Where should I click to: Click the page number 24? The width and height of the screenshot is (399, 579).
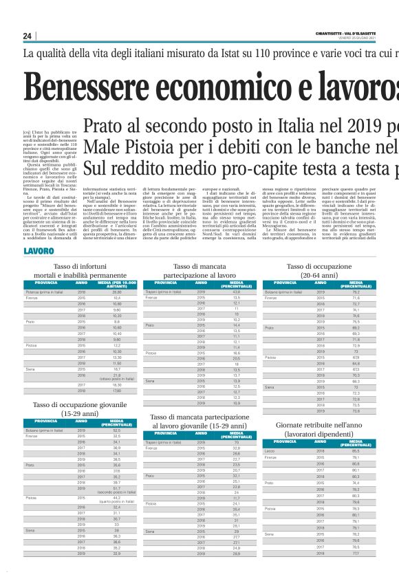pyautogui.click(x=28, y=36)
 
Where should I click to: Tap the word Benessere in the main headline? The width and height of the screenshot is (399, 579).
pyautogui.click(x=96, y=86)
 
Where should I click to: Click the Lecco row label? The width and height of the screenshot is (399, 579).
pyautogui.click(x=269, y=450)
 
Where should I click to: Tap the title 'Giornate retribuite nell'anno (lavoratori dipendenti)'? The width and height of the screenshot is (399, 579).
pyautogui.click(x=318, y=430)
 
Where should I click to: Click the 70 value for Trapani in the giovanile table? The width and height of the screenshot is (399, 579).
pyautogui.click(x=236, y=441)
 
